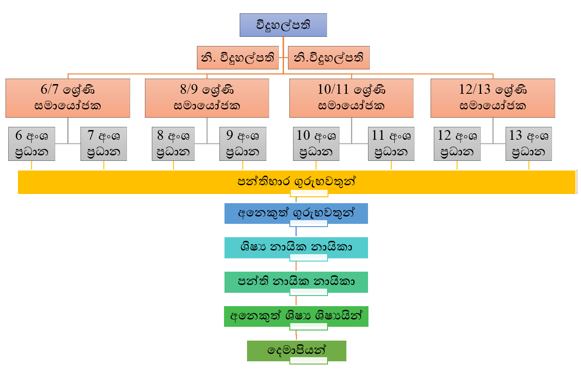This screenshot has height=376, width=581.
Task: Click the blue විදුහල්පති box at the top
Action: [283, 25]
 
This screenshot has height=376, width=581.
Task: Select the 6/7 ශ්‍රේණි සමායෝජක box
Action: [68, 97]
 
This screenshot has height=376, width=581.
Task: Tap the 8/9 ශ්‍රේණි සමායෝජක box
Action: [207, 97]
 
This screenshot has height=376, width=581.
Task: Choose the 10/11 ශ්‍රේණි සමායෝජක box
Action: [351, 97]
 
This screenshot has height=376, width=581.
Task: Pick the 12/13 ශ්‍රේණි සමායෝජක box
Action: [493, 97]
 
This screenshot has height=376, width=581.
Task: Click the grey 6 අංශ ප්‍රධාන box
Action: [31, 144]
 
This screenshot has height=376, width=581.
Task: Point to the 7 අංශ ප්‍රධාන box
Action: [104, 144]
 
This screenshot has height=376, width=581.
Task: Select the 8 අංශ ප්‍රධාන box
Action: [173, 144]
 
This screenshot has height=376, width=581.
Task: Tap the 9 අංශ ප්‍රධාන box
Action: [242, 144]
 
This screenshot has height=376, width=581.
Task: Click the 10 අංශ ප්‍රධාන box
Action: [316, 144]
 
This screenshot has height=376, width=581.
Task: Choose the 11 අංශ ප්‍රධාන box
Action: [391, 144]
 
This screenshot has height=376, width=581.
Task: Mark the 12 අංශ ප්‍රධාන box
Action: [457, 144]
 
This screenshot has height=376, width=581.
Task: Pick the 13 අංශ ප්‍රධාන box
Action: [529, 144]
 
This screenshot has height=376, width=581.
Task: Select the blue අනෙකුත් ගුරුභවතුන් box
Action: [296, 213]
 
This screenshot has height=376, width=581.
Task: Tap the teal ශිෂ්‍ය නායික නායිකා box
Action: [296, 247]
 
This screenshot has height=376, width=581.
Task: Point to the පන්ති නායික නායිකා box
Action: [296, 282]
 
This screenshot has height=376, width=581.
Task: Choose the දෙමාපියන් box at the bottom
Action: [296, 350]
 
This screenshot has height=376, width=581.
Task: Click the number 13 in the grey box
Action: [516, 136]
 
